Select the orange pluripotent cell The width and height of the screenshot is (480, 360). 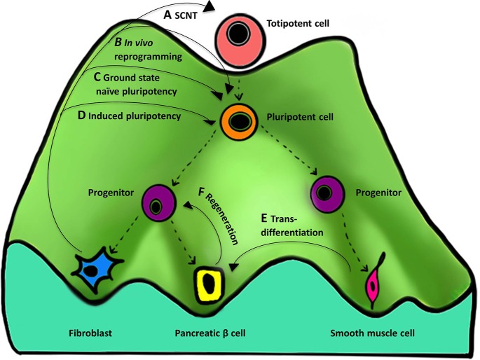(238, 121)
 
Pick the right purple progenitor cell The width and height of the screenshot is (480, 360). (326, 191)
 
